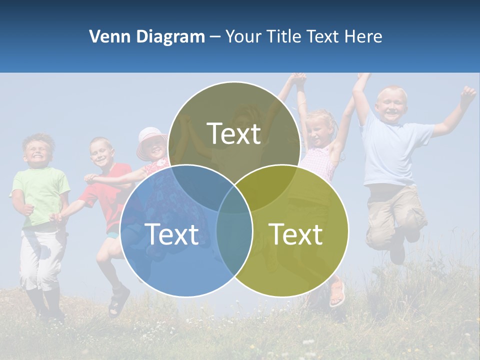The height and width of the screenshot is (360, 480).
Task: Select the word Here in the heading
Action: [364, 36]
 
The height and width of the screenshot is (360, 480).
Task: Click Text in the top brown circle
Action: [234, 133]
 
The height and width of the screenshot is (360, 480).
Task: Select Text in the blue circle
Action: [172, 234]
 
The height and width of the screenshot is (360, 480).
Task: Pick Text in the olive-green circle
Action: [296, 234]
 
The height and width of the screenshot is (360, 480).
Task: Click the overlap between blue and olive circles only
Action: [234, 240]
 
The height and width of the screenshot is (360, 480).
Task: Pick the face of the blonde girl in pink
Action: [319, 131]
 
